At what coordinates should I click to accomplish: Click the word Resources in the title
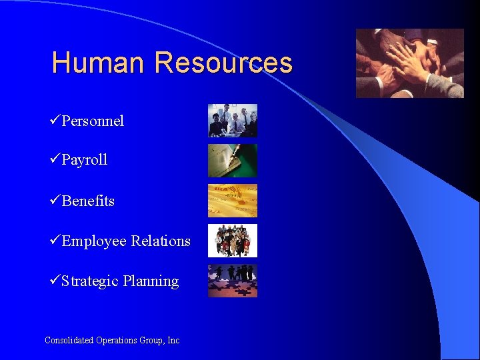tap(223, 63)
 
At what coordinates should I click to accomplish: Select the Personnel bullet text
tap(93, 121)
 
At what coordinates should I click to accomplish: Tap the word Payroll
tap(85, 160)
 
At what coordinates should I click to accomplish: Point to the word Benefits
tap(88, 201)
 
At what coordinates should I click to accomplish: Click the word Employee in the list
tap(94, 241)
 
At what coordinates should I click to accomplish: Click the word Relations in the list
tap(161, 241)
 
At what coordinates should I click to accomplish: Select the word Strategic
tap(90, 281)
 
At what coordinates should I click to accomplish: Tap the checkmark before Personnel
tap(55, 120)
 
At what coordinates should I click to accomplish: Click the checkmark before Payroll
tap(55, 159)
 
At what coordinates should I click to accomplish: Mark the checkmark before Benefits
tap(55, 200)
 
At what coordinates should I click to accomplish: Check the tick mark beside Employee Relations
tap(55, 240)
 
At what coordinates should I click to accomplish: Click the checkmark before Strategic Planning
tap(55, 280)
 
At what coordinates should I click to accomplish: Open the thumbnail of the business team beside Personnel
tap(232, 121)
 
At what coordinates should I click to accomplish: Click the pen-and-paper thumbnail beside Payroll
tap(232, 161)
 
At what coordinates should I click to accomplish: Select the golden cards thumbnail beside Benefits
tap(232, 201)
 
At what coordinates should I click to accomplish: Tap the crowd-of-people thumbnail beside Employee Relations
tap(232, 241)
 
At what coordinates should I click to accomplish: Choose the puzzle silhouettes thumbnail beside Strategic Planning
tap(232, 281)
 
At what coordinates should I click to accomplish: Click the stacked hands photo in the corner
tap(409, 63)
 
